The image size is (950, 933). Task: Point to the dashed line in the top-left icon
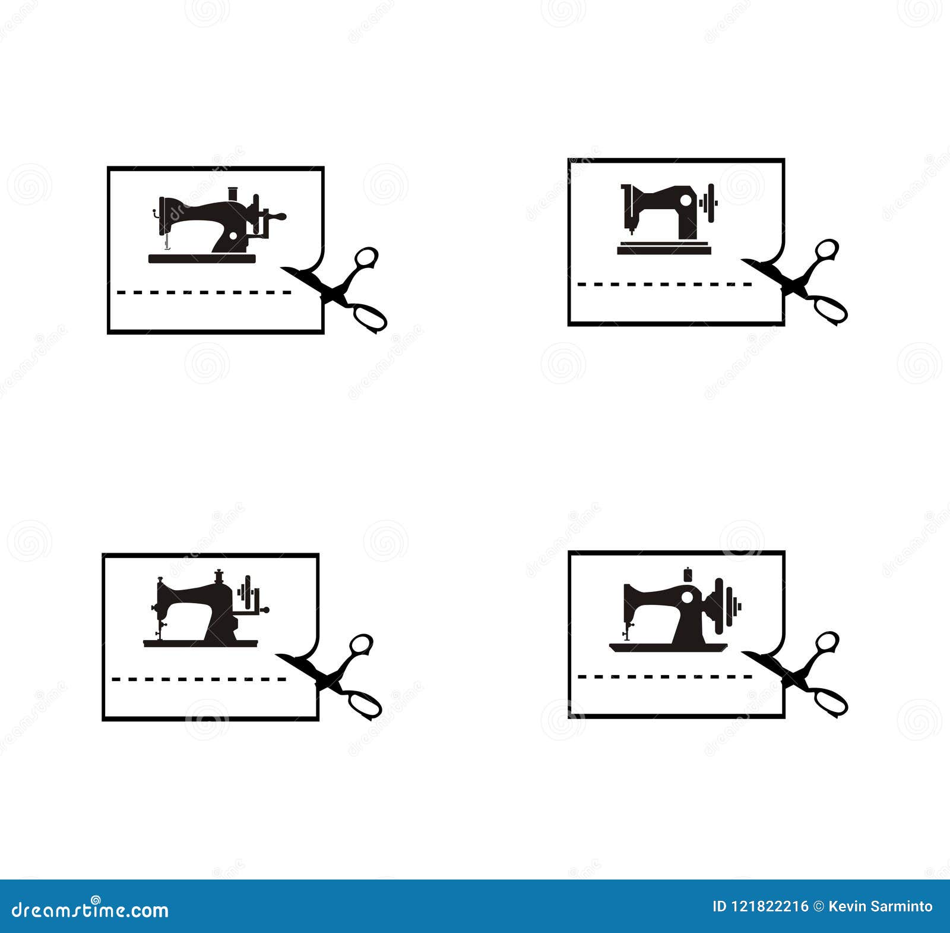(x=204, y=292)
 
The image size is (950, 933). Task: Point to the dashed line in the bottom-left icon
(x=199, y=679)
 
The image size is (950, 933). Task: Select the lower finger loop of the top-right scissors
(x=831, y=309)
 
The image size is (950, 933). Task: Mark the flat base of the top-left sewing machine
(x=202, y=259)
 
